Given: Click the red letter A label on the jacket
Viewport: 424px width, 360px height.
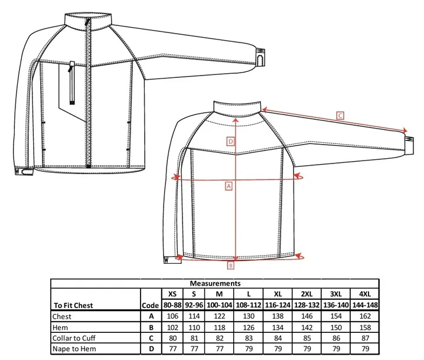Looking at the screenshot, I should (x=228, y=185).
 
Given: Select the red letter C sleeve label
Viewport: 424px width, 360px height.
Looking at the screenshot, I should (x=340, y=116).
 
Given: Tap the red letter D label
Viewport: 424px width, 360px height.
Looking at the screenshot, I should (x=231, y=141).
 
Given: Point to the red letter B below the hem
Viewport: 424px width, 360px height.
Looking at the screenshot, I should (x=231, y=266).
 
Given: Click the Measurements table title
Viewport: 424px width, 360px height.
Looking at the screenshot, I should (x=215, y=283).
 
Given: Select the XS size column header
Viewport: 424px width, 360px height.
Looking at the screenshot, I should (x=172, y=293).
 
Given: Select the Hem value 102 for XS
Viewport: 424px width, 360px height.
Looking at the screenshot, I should (x=172, y=328).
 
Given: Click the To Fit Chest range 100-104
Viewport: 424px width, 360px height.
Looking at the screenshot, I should (x=220, y=305).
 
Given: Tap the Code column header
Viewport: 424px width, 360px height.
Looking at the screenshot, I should (x=151, y=305).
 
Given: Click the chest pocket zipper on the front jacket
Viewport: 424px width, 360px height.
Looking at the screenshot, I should (x=71, y=83).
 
